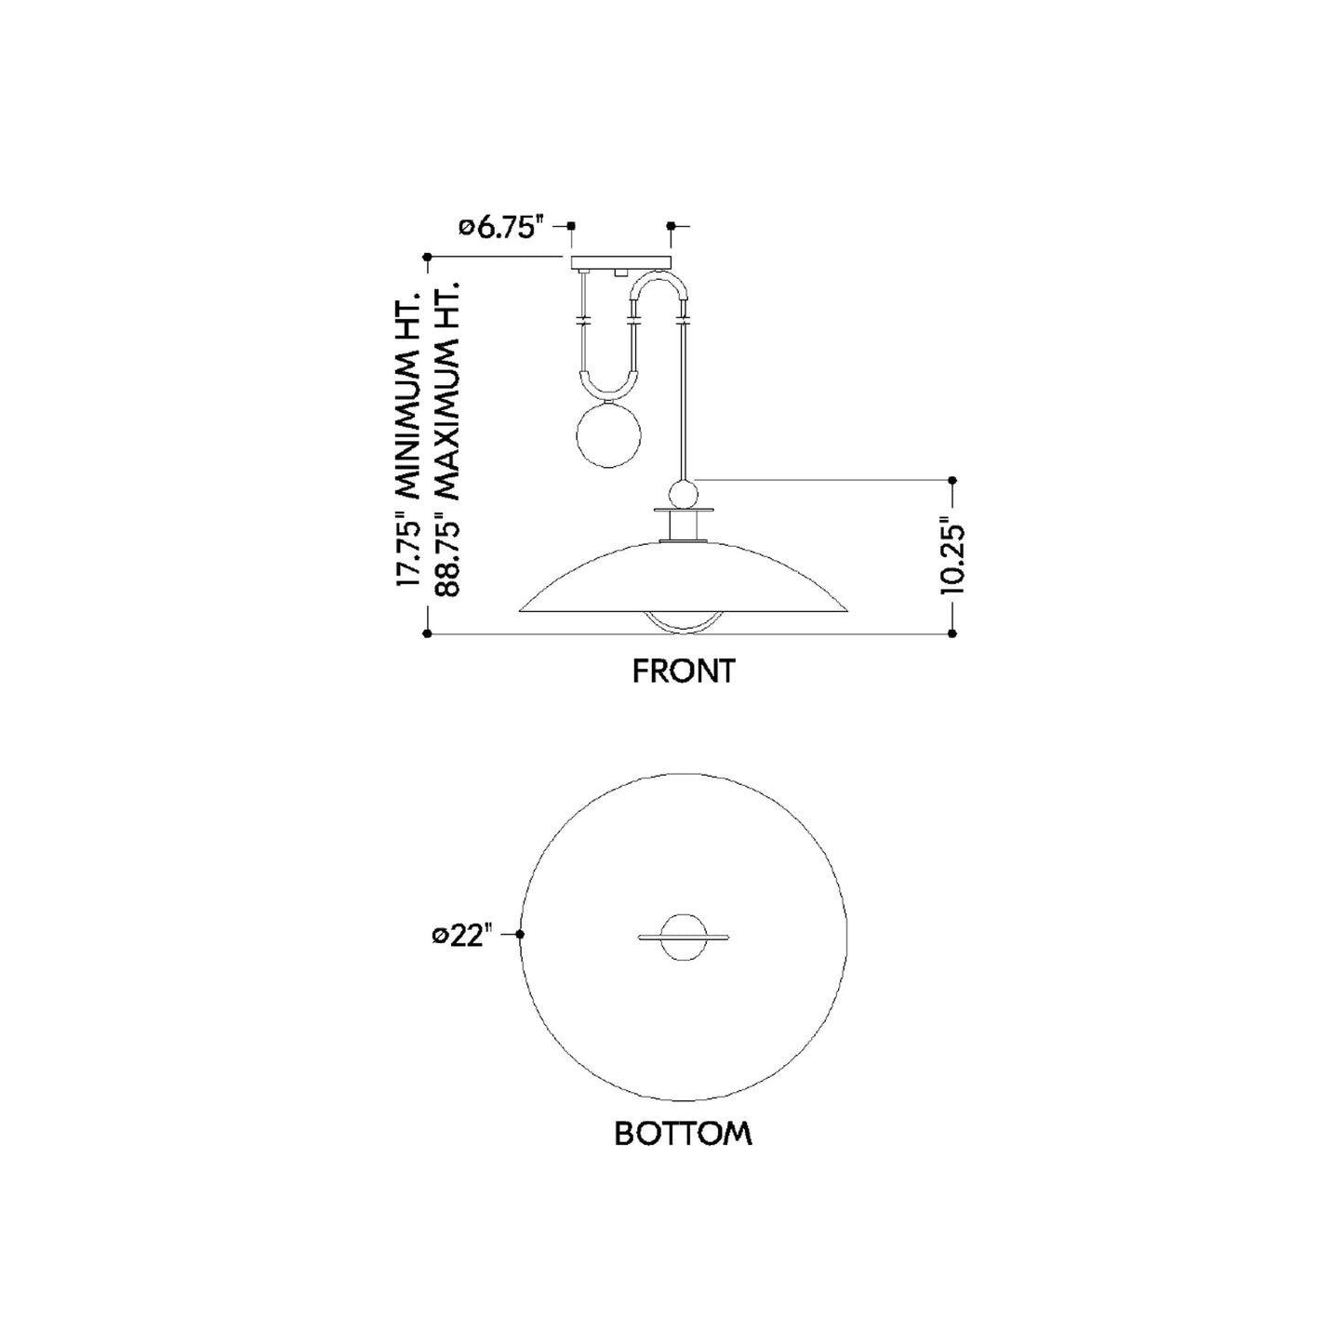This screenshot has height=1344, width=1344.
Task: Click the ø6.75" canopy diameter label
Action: point(500,227)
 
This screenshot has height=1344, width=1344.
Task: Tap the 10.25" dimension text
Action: point(951,555)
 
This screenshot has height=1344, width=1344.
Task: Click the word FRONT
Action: point(684,672)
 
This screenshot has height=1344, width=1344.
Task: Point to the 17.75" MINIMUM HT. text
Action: point(408,439)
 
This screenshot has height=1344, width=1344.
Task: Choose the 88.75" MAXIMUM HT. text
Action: point(447,439)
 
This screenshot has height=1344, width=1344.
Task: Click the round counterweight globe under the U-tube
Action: point(608,434)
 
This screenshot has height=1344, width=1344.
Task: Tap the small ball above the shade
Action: point(682,495)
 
